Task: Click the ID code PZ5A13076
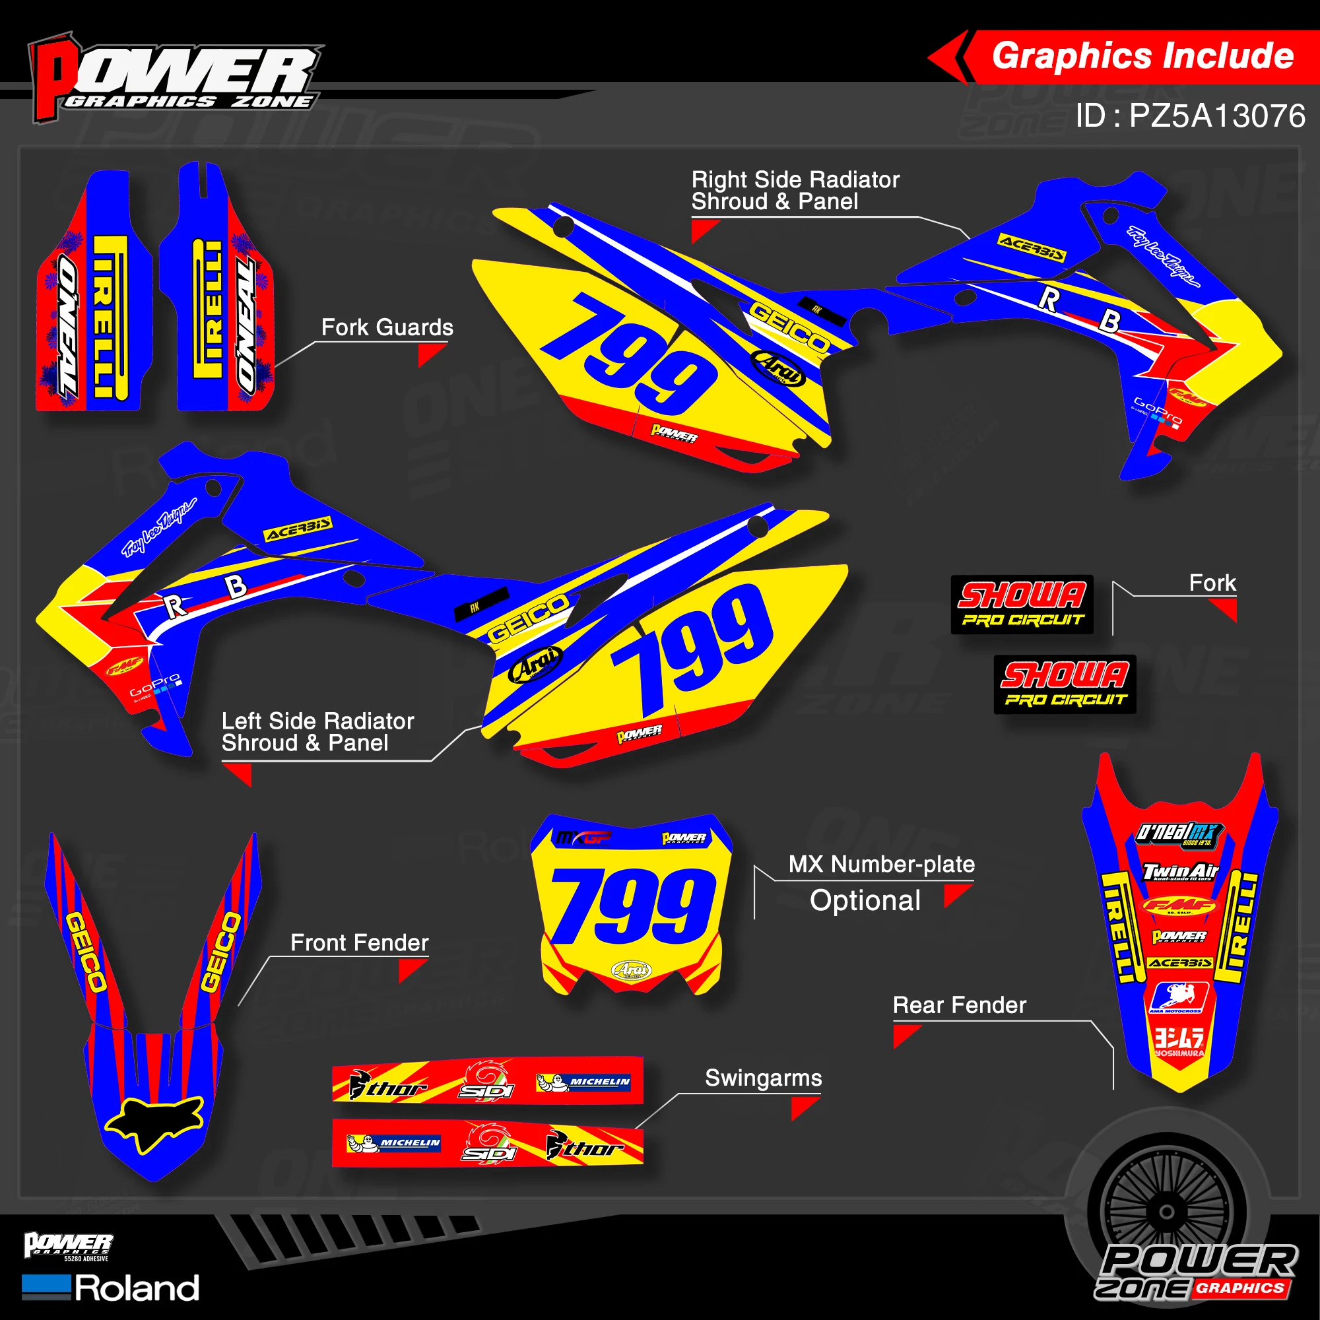[x=1190, y=115]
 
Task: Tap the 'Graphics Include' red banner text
[x=1142, y=56]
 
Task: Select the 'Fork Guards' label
[x=387, y=327]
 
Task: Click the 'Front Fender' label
[x=360, y=943]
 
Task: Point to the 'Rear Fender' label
[x=959, y=1005]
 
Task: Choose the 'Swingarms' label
[x=763, y=1078]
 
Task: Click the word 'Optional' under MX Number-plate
[x=865, y=900]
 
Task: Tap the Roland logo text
[x=137, y=1288]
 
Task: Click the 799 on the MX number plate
[x=633, y=906]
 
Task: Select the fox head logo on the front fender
[x=155, y=1122]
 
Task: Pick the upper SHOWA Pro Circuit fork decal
[x=1022, y=604]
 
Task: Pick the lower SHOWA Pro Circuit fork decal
[x=1065, y=684]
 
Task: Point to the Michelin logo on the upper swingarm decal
[x=583, y=1082]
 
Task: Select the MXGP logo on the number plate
[x=583, y=838]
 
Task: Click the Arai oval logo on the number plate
[x=632, y=970]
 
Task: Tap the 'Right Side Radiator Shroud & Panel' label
[x=795, y=191]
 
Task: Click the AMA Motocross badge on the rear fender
[x=1179, y=997]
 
